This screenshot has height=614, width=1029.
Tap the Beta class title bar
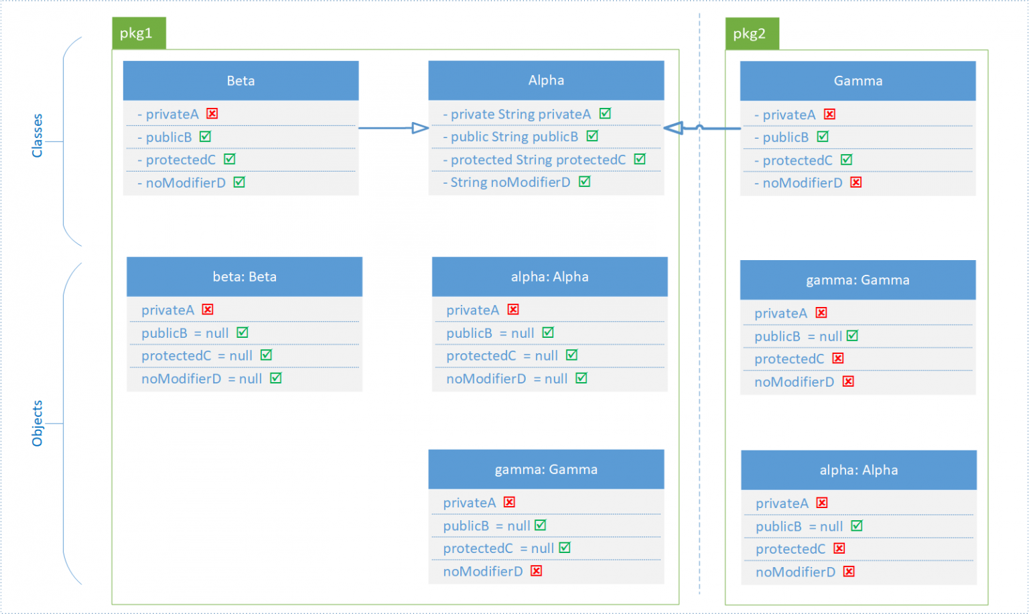(241, 81)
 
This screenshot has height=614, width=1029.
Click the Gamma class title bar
(857, 81)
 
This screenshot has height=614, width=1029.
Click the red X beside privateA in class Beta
(212, 114)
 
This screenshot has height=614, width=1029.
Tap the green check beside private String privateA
(605, 114)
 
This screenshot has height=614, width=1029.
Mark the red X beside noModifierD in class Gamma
(856, 182)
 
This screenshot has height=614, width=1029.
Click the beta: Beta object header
(245, 277)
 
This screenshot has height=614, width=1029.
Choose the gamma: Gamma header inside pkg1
(546, 470)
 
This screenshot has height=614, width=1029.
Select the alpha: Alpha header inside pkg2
(858, 471)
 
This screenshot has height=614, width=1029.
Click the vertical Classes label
(38, 135)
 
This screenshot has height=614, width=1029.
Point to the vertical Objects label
(38, 424)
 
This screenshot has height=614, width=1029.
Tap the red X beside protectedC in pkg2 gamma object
(838, 359)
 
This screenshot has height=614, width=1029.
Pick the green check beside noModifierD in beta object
(276, 379)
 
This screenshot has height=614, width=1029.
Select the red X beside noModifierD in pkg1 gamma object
(537, 571)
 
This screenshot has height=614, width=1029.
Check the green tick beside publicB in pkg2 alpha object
(857, 526)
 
